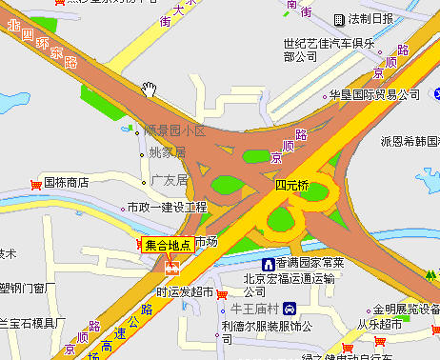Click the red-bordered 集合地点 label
[x=168, y=245]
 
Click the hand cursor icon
[x=150, y=90]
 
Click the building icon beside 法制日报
[x=339, y=19]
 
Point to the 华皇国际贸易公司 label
[x=374, y=95]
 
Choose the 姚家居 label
[x=168, y=152]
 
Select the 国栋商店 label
[x=67, y=181]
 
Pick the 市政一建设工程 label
[x=173, y=207]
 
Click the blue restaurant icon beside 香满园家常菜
[x=270, y=262]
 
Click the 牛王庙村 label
[x=253, y=309]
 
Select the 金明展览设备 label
[x=406, y=310]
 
